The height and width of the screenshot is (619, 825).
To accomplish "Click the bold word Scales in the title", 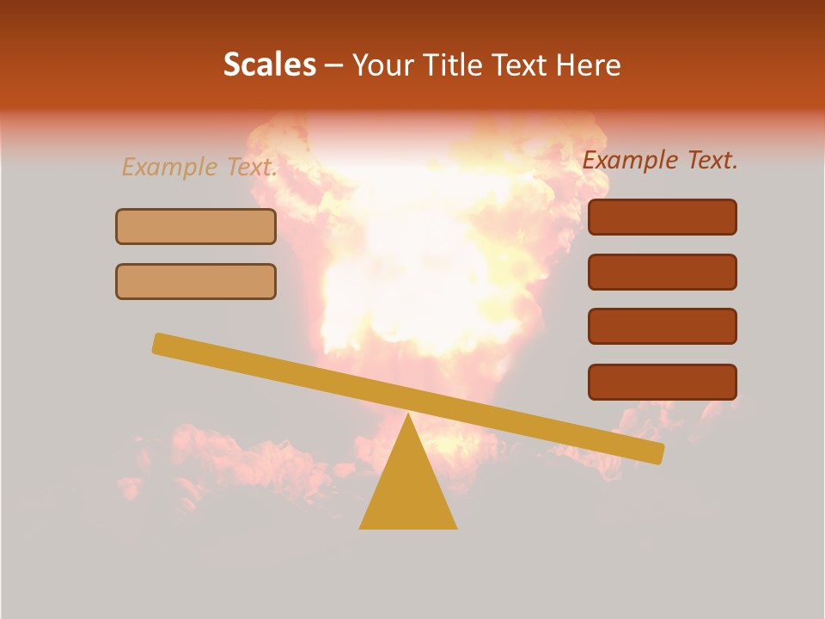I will pyautogui.click(x=269, y=65).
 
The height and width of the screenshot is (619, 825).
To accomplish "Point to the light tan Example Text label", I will pyautogui.click(x=199, y=167).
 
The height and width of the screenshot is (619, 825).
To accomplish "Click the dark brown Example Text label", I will pyautogui.click(x=660, y=160).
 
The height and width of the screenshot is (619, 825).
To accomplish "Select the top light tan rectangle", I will pyautogui.click(x=196, y=226).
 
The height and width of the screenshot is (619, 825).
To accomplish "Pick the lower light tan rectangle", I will pyautogui.click(x=196, y=281).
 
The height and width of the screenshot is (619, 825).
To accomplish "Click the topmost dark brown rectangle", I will pyautogui.click(x=663, y=218).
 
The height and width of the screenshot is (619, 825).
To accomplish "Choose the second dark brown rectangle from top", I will pyautogui.click(x=663, y=272).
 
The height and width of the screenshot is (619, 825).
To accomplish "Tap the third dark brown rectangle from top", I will pyautogui.click(x=663, y=327).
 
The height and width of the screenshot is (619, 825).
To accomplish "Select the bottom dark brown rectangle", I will pyautogui.click(x=663, y=382).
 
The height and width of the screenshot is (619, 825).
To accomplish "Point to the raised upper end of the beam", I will pyautogui.click(x=160, y=343).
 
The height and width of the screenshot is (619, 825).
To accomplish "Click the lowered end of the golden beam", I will pyautogui.click(x=657, y=453).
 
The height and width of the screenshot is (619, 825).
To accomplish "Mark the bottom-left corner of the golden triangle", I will pyautogui.click(x=360, y=528).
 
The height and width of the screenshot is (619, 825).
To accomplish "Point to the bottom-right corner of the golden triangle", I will pyautogui.click(x=456, y=528).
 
